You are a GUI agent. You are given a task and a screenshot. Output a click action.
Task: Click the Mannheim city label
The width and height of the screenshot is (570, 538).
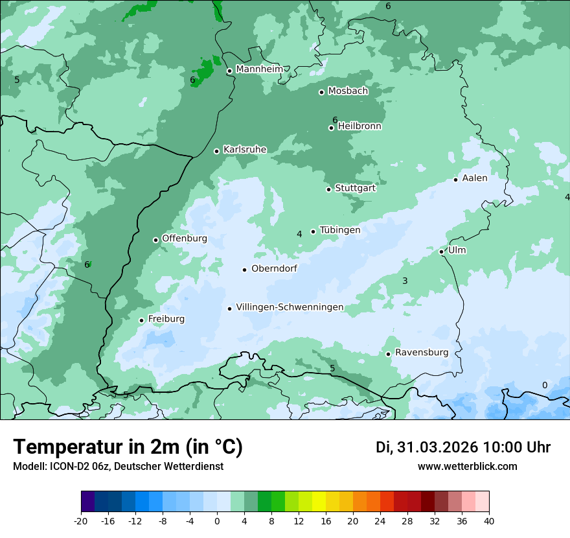259,69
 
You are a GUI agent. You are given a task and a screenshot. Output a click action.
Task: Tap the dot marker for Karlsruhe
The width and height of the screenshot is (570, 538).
217,151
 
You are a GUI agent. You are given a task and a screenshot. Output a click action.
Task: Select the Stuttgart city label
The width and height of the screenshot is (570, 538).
355,189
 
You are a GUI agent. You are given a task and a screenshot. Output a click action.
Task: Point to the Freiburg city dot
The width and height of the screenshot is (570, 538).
142,320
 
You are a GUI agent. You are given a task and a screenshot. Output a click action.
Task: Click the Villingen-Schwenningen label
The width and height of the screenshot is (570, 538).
290,307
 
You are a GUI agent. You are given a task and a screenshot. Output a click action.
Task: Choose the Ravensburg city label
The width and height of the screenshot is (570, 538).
421,353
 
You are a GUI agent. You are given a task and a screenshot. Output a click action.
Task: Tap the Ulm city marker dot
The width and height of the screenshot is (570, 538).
442,251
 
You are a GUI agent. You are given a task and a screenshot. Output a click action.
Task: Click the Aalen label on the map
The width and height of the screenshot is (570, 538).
474,178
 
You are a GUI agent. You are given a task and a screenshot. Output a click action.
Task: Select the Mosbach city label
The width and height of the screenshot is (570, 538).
348,91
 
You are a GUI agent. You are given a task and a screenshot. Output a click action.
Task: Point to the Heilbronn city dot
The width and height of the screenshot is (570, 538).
332,128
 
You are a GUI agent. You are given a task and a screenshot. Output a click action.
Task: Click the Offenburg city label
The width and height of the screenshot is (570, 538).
185,239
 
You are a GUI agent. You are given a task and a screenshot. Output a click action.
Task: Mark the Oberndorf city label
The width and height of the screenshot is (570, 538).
274,268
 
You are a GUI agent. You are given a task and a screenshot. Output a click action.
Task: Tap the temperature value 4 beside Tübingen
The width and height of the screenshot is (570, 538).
299,234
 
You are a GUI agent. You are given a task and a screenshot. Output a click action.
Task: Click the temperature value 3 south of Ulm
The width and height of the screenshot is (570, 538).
405,281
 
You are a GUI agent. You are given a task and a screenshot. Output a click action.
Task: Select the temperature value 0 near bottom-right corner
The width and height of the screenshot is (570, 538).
544,385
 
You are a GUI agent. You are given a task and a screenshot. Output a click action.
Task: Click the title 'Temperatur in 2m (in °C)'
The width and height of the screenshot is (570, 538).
128,447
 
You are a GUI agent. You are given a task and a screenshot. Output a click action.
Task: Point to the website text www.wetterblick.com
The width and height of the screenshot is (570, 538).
467,466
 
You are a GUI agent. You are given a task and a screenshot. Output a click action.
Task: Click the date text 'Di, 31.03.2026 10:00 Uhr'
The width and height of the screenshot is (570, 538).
463,447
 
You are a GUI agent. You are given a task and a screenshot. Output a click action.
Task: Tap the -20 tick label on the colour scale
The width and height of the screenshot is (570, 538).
81,520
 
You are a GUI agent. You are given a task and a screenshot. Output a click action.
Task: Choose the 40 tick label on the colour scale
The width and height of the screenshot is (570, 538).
488,520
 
